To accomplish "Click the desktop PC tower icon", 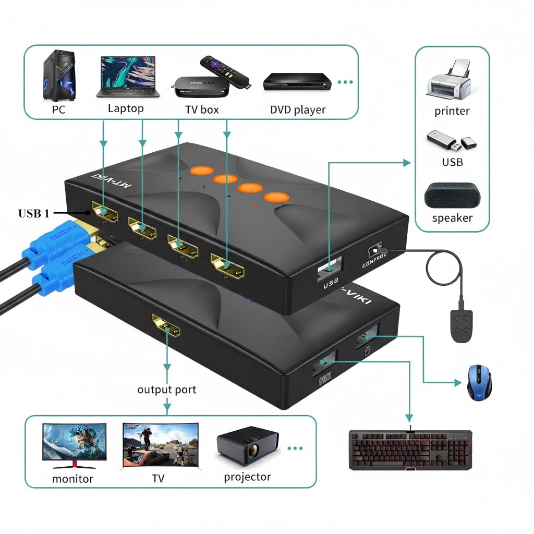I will coord(58,76).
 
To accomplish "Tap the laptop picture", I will coord(127,77).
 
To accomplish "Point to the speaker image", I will coord(452,196).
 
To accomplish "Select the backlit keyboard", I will coord(410,449).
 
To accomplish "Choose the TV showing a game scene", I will coord(160,444).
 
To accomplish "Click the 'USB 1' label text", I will coord(34,213).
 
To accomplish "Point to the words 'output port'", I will coord(167,390).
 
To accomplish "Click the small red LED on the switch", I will coord(255,207).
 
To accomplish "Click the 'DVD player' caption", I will coord(298,110).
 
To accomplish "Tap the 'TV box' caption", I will coord(202,110).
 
